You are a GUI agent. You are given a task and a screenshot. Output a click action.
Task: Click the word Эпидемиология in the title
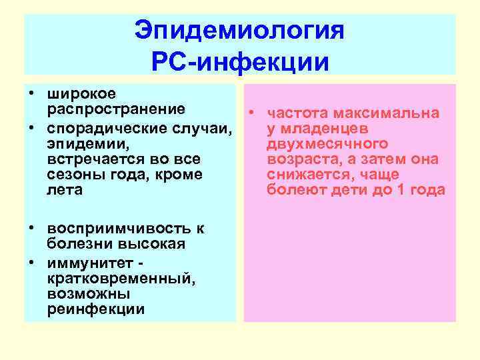tap(239, 31)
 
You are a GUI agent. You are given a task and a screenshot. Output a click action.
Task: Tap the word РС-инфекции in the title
tap(240, 63)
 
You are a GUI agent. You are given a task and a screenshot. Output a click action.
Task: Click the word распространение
tap(116, 109)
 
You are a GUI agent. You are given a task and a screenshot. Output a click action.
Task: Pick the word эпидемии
tap(85, 143)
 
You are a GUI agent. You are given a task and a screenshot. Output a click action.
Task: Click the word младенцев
tap(320, 129)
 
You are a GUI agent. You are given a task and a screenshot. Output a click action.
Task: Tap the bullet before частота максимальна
tap(254, 113)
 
